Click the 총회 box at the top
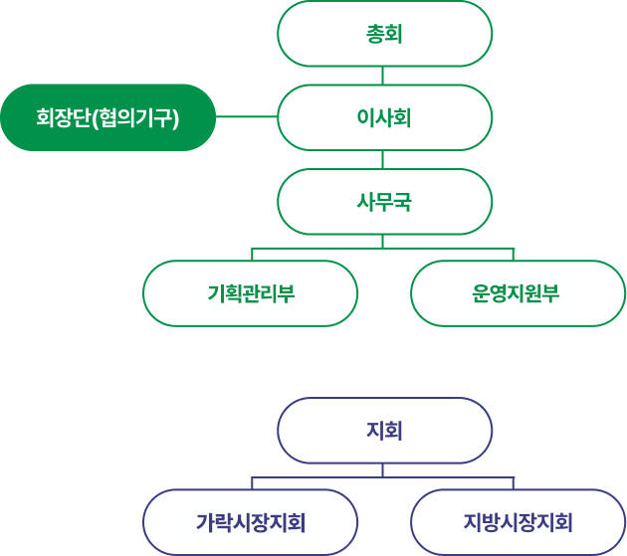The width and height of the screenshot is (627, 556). (384, 34)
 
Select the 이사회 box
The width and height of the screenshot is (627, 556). (384, 117)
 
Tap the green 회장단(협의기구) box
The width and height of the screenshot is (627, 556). (107, 117)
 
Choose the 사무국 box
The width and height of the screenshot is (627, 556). (384, 202)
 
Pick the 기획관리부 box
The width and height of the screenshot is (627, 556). (251, 293)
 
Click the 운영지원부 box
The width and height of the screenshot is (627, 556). (517, 293)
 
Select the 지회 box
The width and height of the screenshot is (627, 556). (384, 431)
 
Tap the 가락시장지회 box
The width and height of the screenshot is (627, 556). (251, 522)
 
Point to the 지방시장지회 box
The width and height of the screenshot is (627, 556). (517, 522)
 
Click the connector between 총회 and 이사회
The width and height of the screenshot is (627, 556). (384, 76)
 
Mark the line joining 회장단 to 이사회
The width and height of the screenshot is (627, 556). (247, 117)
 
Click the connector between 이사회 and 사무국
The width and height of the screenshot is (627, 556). (384, 160)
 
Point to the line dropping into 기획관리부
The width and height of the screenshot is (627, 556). (252, 254)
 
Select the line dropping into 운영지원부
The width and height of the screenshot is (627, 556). (514, 254)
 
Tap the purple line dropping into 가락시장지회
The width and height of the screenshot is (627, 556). (252, 483)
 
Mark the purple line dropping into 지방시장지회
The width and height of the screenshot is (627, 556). (514, 483)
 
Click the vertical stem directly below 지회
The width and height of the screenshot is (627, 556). (384, 470)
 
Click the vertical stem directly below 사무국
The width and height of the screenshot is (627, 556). (384, 240)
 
